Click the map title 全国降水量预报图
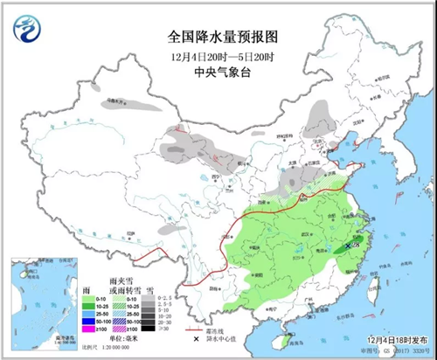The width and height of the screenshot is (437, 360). tap(219, 37)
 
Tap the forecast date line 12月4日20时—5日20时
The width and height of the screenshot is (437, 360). tap(219, 56)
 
